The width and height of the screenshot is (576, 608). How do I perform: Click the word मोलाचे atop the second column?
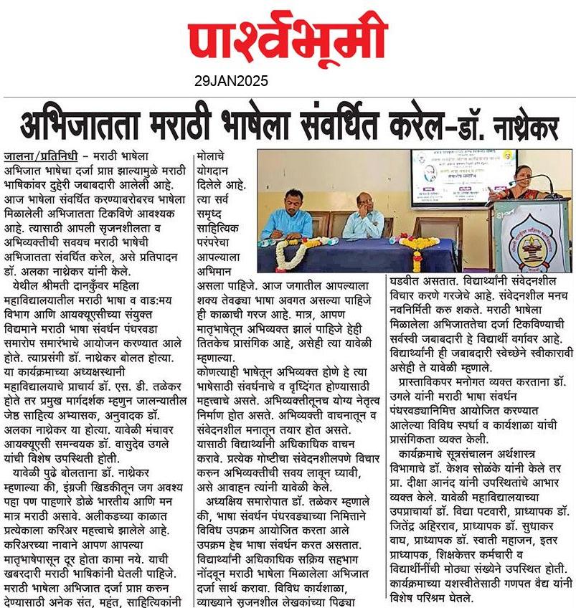pos(214,156)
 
